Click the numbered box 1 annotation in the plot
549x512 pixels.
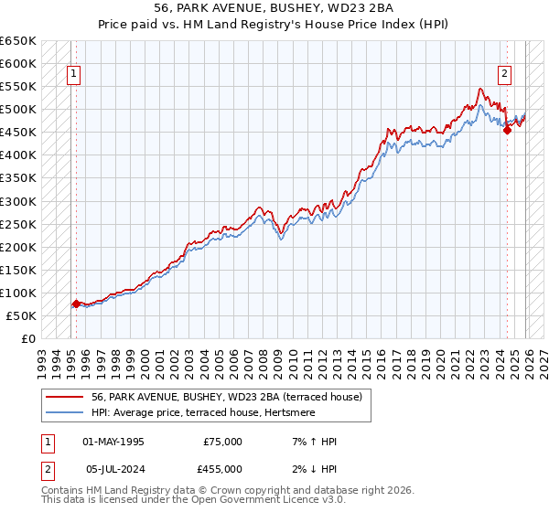[x=73, y=76]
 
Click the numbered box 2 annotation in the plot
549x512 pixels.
[x=504, y=76]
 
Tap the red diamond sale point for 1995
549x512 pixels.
[x=75, y=304]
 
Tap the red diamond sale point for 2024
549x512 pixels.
[x=507, y=130]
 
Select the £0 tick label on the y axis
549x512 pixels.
[x=28, y=338]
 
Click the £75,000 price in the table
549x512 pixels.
[x=222, y=442]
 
